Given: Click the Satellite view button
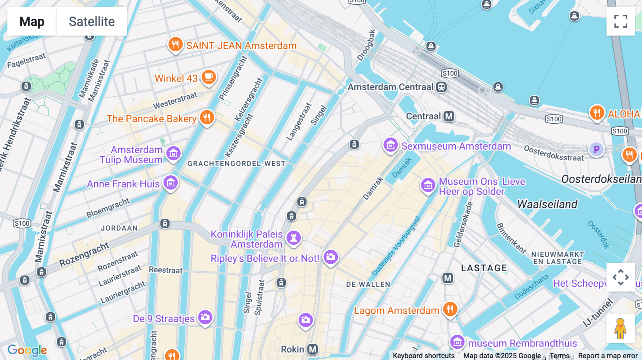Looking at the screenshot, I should (x=92, y=21).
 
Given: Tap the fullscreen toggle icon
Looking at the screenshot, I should (x=621, y=21).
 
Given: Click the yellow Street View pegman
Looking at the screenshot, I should (x=620, y=328).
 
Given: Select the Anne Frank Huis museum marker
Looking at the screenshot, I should (x=170, y=183).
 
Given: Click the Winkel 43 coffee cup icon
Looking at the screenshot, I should (x=209, y=77).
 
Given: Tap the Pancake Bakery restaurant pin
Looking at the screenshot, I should (x=207, y=117).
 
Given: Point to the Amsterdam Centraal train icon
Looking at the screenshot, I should (x=441, y=87).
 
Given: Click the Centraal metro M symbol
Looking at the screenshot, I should (x=449, y=116).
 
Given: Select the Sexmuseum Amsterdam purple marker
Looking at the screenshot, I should (x=391, y=145).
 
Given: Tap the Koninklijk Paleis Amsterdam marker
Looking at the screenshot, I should (x=294, y=237).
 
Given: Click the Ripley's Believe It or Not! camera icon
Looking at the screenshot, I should (x=331, y=257).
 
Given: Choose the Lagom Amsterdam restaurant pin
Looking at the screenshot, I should (x=450, y=309).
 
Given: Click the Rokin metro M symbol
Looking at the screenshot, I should (x=313, y=349).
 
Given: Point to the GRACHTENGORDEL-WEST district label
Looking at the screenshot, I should (x=236, y=164).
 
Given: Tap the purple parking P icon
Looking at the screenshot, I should (x=596, y=149).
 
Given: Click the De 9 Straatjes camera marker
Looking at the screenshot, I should (x=205, y=317).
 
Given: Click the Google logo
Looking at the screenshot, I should (x=27, y=350).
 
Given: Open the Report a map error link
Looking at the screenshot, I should (x=608, y=356).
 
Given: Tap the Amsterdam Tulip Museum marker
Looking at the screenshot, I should (x=174, y=154).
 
